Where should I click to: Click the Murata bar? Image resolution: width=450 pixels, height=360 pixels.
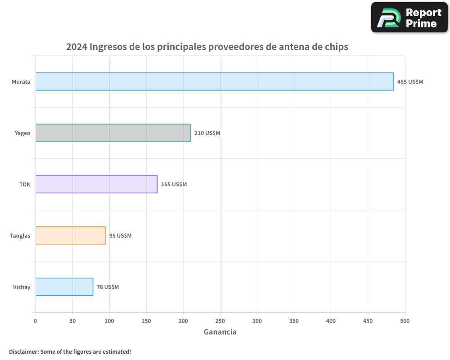coord(215,81)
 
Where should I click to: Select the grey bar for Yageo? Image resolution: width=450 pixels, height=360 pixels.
coord(113,133)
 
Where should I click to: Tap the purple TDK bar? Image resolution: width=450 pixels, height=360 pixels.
coord(96,184)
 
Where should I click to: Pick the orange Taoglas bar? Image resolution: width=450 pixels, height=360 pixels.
coord(71,235)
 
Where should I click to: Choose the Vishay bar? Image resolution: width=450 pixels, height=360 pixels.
coord(64,287)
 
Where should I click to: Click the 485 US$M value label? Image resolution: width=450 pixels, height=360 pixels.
coord(410,82)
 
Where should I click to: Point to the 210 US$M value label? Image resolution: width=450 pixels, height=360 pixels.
coord(207,133)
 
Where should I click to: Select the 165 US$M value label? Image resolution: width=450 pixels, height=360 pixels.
coord(174,184)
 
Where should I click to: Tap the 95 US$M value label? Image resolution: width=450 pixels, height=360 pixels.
coord(120,236)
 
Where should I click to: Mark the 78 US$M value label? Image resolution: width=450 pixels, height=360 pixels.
coord(108,287)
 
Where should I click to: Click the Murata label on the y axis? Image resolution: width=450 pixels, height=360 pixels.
coord(21,82)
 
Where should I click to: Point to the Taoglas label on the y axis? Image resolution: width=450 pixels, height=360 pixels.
coord(20,236)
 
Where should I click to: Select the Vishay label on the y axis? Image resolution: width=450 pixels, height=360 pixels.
coord(22,287)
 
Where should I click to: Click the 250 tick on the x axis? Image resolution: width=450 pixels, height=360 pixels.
coord(220,320)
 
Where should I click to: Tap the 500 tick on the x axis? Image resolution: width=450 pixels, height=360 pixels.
coord(405,320)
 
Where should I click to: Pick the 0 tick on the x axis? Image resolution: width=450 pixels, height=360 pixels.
coord(36,320)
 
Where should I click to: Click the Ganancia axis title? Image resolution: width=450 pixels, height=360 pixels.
coord(220,332)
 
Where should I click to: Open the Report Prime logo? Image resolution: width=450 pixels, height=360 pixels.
coord(409,18)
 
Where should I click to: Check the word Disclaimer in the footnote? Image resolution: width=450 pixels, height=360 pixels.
coord(23,351)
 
